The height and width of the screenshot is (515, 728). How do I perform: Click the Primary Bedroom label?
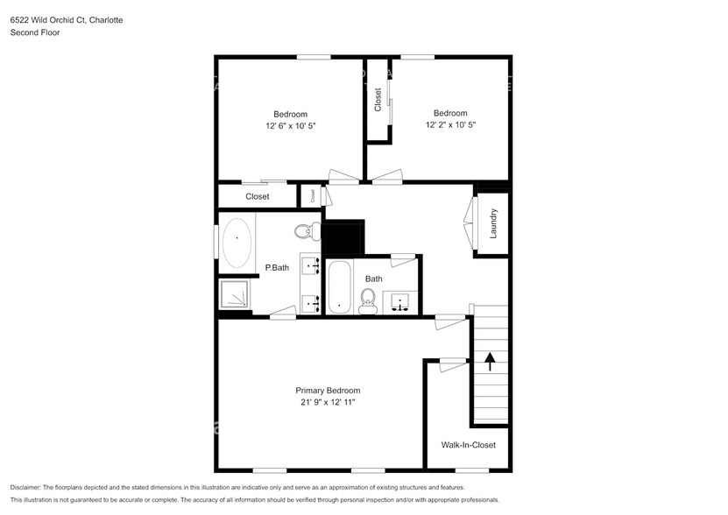pyautogui.click(x=327, y=391)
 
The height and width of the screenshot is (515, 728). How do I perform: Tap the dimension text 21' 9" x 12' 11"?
pyautogui.click(x=327, y=402)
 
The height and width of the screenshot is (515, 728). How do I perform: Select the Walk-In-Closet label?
pyautogui.click(x=468, y=445)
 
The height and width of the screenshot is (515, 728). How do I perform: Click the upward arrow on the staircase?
pyautogui.click(x=490, y=360)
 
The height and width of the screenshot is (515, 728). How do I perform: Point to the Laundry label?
pyautogui.click(x=494, y=223)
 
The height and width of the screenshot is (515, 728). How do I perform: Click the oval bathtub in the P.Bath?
pyautogui.click(x=237, y=243)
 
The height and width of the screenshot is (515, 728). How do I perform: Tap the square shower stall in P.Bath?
pyautogui.click(x=234, y=295)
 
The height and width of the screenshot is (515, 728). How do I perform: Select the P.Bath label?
pyautogui.click(x=277, y=268)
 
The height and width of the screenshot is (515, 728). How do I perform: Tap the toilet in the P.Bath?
pyautogui.click(x=304, y=232)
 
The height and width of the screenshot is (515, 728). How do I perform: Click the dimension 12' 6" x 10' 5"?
pyautogui.click(x=290, y=125)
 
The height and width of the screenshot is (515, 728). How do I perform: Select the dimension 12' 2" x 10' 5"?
pyautogui.click(x=450, y=124)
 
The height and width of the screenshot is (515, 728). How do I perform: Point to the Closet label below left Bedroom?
pyautogui.click(x=257, y=197)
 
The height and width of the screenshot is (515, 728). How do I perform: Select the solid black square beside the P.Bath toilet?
pyautogui.click(x=343, y=237)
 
